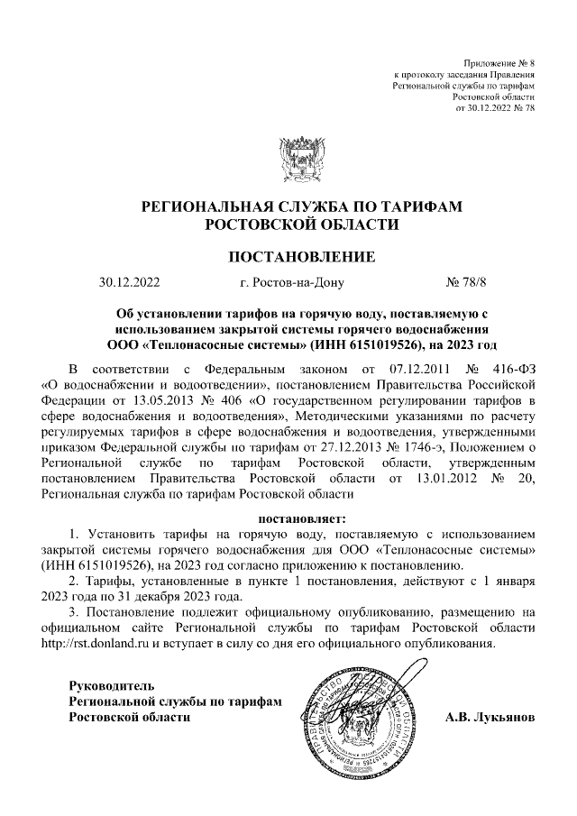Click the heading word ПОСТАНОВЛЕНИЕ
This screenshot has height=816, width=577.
click(x=288, y=256)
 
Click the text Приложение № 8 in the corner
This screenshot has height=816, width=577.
click(x=499, y=62)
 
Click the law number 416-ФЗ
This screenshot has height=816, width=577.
click(x=513, y=370)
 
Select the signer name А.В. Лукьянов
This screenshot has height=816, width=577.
click(x=490, y=718)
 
